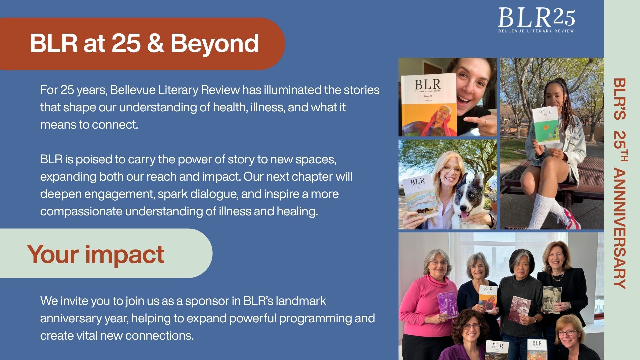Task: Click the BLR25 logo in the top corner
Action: tap(536, 20)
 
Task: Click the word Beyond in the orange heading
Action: tap(215, 43)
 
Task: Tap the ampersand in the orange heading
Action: tap(155, 43)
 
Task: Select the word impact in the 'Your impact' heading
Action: tap(125, 255)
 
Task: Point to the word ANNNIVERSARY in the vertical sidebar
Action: tap(620, 229)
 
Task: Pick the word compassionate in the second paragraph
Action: tap(81, 212)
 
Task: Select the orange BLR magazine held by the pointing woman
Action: tap(429, 105)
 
